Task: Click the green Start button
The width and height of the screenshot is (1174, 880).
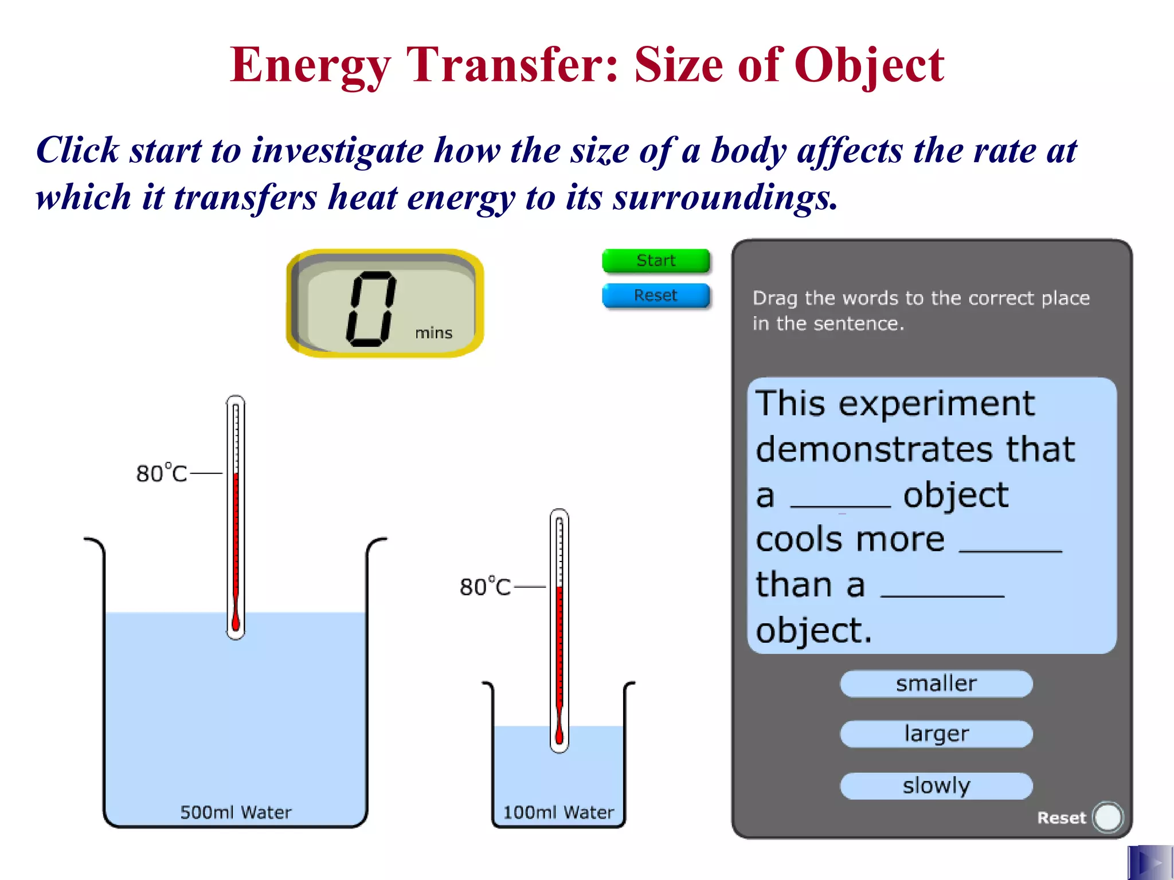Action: [x=656, y=261]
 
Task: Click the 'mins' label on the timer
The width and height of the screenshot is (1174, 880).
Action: [x=433, y=333]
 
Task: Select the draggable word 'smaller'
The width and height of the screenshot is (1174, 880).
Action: [x=936, y=683]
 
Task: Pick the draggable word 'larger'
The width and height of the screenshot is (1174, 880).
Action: [x=936, y=734]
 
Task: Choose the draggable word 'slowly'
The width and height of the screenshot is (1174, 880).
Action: [x=936, y=785]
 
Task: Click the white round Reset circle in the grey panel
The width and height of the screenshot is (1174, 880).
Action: [x=1108, y=817]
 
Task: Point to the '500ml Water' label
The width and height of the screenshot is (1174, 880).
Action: [x=236, y=812]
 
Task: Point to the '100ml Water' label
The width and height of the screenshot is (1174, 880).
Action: [x=558, y=812]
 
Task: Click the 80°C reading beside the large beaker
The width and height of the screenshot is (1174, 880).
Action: [x=162, y=474]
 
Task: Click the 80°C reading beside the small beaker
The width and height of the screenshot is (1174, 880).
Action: [x=485, y=587]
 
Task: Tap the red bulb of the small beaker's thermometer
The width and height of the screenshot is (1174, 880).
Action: [x=559, y=736]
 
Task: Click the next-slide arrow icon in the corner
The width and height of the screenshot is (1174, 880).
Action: [x=1150, y=862]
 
